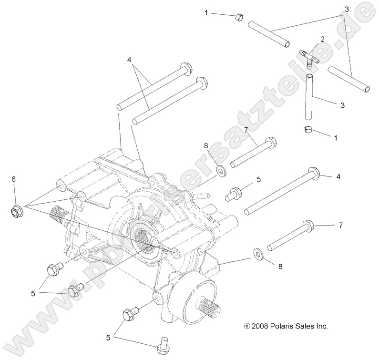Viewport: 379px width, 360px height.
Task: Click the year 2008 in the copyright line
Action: (x=262, y=327)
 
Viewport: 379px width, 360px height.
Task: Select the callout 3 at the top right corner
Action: (x=347, y=9)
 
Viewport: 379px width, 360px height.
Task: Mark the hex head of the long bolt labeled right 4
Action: (x=313, y=172)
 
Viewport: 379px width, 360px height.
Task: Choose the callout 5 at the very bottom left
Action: (x=108, y=337)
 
